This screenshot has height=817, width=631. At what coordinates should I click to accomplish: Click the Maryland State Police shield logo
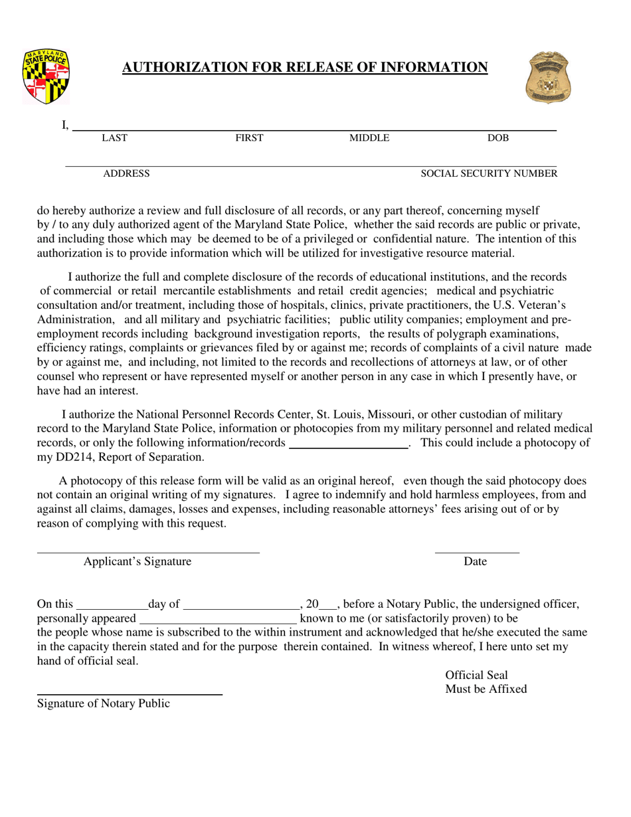point(45,76)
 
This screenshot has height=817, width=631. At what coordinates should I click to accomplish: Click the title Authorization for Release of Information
point(305,67)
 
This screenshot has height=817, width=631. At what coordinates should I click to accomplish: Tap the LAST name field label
point(114,138)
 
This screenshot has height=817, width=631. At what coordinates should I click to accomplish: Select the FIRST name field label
point(250,138)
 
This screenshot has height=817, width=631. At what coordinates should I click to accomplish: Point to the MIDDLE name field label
point(369,138)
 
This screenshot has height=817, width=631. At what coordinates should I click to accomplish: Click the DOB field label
point(498,138)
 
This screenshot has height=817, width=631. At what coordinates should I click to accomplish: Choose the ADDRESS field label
point(126,174)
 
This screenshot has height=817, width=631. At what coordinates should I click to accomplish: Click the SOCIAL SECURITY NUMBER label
point(490,174)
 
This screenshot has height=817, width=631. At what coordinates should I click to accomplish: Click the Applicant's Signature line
point(147,551)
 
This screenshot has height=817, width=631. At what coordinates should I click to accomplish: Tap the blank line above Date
point(477,551)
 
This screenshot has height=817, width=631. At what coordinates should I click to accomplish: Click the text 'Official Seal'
point(476,675)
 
